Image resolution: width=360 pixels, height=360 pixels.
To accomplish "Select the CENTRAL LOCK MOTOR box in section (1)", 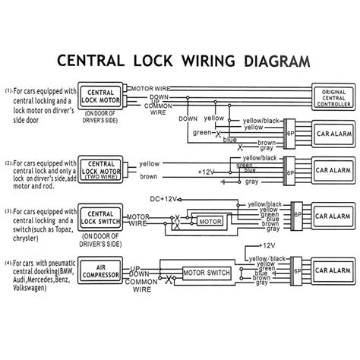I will pyautogui.click(x=103, y=95).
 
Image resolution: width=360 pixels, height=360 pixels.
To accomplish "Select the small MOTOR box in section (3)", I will pyautogui.click(x=209, y=220).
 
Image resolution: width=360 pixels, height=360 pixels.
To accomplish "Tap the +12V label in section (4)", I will pyautogui.click(x=266, y=245).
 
